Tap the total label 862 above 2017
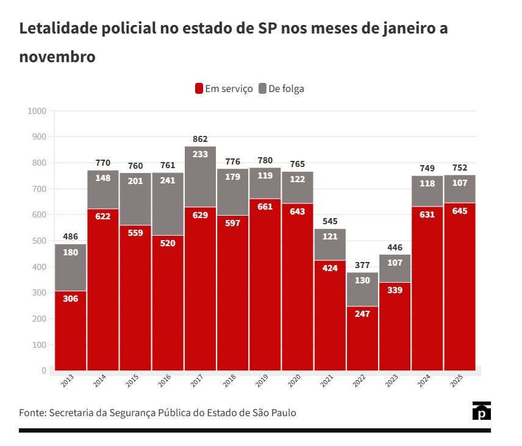pos(200,139)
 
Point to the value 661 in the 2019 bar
pos(265,207)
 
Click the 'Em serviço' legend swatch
pos(199,88)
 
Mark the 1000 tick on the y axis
pos(37,111)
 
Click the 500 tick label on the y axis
pos(38,241)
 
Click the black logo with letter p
pos(482,411)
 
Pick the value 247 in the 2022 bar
pos(362,314)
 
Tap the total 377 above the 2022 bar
pos(362,264)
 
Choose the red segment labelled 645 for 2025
pos(459,286)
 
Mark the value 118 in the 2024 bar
pos(427,183)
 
